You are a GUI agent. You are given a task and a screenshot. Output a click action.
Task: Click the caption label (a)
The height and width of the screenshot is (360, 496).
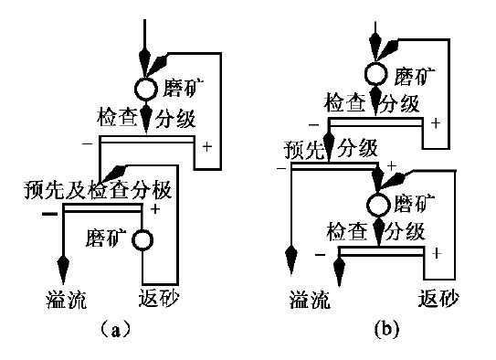click(115, 330)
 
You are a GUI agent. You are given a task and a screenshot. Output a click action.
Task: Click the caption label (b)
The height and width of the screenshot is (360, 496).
click(386, 329)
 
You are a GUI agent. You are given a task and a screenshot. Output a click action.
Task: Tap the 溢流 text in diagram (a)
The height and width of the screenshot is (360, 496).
click(67, 299)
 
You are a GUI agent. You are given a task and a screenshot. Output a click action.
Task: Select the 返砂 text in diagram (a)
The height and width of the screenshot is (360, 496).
click(159, 297)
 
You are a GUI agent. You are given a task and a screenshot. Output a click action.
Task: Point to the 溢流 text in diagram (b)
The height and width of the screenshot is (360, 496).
click(310, 299)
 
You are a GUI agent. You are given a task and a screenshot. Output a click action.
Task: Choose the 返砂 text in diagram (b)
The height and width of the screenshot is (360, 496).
click(438, 298)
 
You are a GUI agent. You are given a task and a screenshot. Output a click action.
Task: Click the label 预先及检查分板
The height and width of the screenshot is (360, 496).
click(98, 190)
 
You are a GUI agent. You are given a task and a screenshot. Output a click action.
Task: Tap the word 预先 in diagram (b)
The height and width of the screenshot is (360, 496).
click(304, 149)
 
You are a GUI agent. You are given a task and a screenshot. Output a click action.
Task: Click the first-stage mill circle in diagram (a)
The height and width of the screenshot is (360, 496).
click(146, 89)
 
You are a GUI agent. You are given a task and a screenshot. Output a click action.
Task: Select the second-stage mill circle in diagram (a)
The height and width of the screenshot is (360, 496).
click(142, 240)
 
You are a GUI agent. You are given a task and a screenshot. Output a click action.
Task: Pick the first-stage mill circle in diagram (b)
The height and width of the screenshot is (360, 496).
click(376, 74)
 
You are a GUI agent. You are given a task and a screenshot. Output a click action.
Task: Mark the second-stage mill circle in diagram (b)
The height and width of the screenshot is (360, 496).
click(378, 205)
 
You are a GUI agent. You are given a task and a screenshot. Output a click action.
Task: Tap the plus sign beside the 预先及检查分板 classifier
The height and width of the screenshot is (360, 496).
click(155, 209)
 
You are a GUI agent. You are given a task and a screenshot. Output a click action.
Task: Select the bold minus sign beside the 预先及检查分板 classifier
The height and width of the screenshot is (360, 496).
click(49, 214)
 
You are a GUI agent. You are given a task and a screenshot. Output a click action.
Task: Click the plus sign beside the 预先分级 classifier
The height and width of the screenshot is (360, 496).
click(392, 165)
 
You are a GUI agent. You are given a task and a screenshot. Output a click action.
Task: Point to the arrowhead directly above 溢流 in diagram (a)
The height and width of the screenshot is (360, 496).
click(63, 269)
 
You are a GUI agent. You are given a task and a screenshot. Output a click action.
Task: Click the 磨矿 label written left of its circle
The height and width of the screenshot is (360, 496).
click(106, 238)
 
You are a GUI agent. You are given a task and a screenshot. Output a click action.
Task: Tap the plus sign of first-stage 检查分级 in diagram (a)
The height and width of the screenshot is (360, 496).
click(206, 146)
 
